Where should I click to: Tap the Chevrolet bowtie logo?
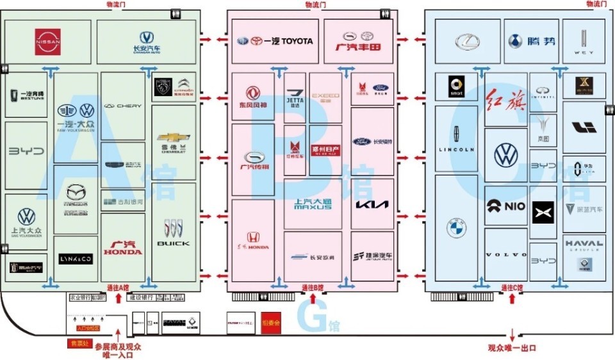click(174, 138)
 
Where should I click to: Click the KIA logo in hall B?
click(372, 206)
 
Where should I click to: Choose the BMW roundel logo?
click(456, 226)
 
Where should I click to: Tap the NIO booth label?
click(505, 206)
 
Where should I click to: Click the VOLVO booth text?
click(506, 255)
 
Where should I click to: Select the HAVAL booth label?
click(584, 243)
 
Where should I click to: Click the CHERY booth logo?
click(123, 106)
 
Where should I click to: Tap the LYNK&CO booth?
click(76, 259)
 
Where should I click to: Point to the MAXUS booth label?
click(313, 205)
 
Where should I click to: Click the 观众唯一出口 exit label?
click(511, 348)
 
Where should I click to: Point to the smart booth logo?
click(456, 87)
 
